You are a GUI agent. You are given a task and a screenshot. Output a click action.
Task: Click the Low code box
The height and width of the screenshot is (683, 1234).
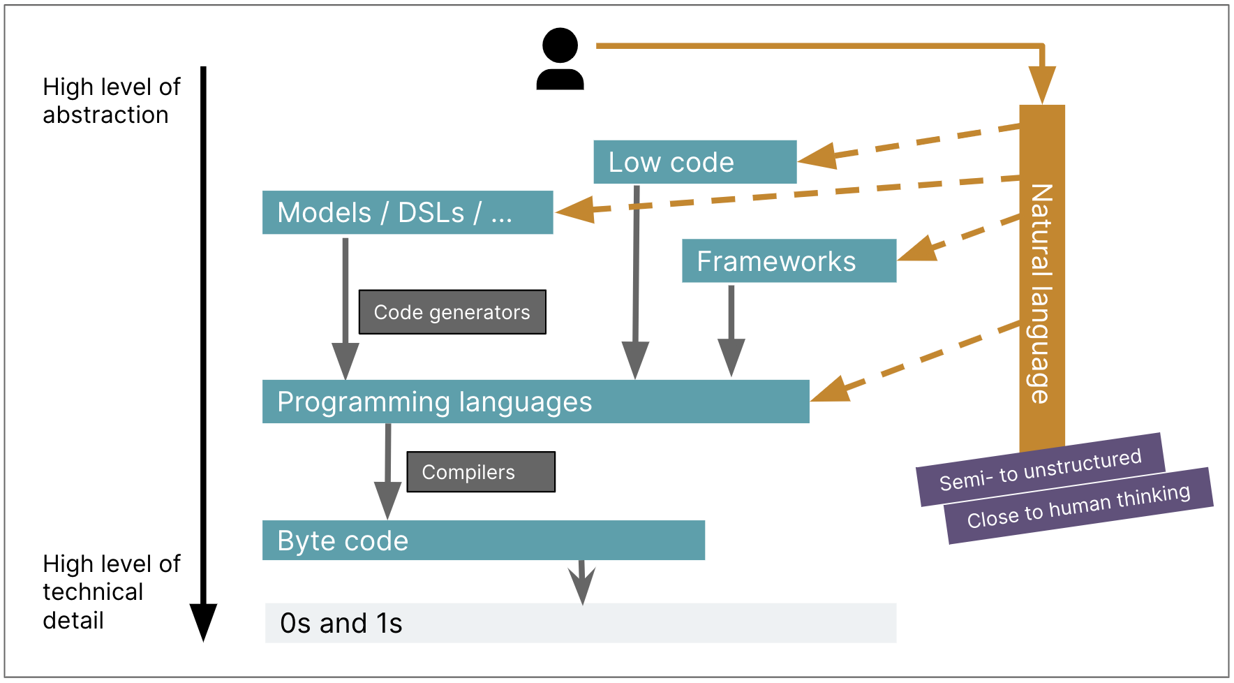point(694,162)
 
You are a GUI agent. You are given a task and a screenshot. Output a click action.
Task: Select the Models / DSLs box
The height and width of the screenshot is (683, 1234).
point(407,212)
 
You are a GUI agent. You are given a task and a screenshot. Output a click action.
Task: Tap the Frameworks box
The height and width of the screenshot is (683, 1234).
point(789,261)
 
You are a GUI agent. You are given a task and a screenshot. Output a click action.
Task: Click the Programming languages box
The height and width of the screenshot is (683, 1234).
point(535,402)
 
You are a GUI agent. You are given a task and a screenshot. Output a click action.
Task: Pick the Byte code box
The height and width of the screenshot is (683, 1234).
point(483,541)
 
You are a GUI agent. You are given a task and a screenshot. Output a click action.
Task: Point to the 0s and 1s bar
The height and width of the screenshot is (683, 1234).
point(580,623)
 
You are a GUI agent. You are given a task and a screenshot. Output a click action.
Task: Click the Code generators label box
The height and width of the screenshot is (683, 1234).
point(452,312)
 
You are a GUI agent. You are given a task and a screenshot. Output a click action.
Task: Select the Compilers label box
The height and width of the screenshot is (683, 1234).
point(481,472)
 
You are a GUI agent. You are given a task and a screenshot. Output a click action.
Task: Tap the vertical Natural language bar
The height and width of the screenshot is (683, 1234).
point(1041,279)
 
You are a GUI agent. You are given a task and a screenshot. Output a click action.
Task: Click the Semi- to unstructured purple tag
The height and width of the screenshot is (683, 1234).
point(1040,469)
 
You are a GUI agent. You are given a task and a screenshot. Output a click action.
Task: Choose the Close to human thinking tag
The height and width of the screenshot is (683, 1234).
point(1079,506)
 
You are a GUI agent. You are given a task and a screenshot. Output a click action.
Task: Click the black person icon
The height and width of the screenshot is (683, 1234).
point(560,59)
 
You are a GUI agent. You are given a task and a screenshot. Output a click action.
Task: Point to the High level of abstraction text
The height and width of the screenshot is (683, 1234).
point(111,101)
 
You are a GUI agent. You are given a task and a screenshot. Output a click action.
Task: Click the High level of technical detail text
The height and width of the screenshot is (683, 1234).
point(111,592)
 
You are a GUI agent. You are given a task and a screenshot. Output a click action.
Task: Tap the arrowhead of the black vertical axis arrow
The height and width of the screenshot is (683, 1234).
point(203,620)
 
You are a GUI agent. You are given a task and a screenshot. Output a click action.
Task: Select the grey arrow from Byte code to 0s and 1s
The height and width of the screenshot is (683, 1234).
point(581,581)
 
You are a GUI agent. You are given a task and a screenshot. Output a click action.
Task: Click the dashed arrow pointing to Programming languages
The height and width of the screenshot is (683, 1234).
point(914,362)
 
